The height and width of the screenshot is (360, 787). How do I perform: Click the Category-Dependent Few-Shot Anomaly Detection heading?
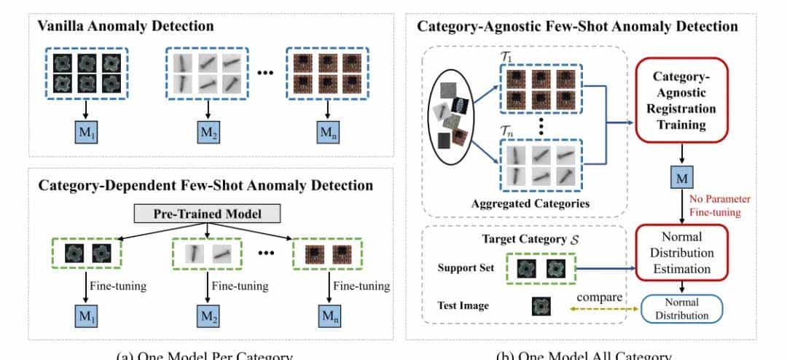click(x=206, y=186)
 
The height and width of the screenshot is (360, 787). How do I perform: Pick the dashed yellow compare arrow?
click(x=599, y=309)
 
